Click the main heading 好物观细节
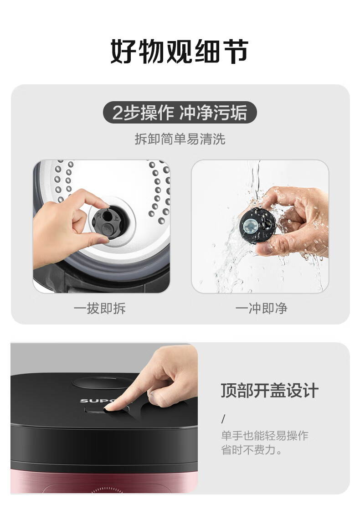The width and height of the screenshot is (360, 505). (x=180, y=52)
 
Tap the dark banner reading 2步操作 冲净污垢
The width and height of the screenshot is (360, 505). (x=180, y=113)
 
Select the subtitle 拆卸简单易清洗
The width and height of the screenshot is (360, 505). (x=180, y=139)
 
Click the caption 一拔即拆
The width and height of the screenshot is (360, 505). (x=99, y=308)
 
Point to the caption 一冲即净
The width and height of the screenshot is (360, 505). (x=261, y=308)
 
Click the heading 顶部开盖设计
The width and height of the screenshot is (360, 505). (x=269, y=391)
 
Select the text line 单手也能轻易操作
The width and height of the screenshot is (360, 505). (x=265, y=435)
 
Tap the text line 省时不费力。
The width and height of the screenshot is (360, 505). (x=252, y=449)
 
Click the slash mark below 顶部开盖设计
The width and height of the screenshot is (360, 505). (x=223, y=419)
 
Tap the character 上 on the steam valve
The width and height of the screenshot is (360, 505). (x=116, y=218)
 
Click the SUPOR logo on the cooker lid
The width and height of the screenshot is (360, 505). (x=97, y=401)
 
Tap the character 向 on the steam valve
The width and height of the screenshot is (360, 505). (x=99, y=215)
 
